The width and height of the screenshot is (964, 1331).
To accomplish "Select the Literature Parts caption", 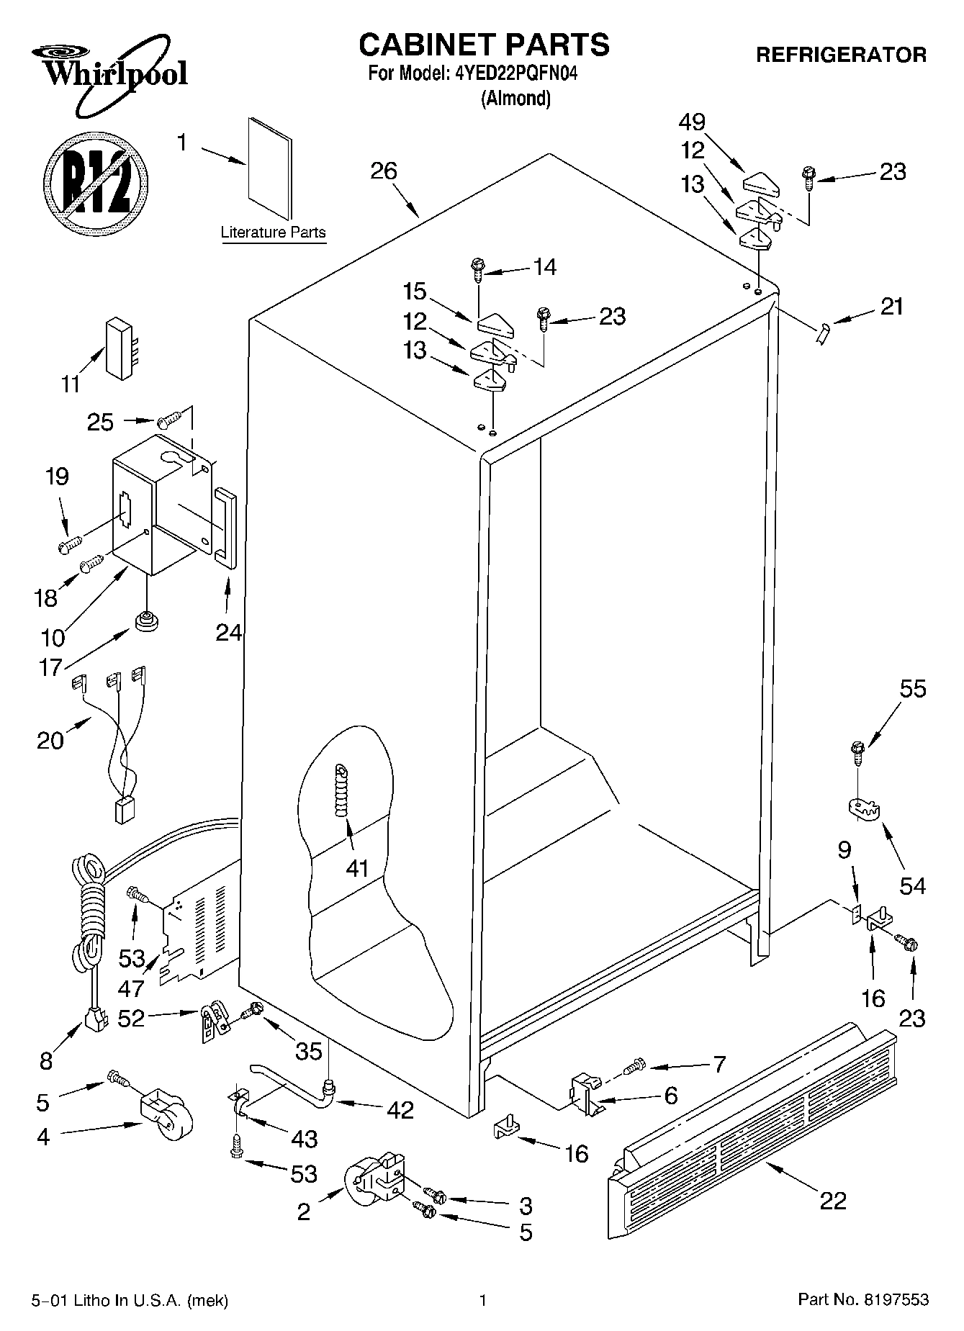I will [273, 233].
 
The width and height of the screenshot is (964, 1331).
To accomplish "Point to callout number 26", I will [384, 171].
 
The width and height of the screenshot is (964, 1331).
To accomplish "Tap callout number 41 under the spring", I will [357, 869].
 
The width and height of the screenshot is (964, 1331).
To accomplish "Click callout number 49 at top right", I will [692, 122].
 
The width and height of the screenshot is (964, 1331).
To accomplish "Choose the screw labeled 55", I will [857, 752].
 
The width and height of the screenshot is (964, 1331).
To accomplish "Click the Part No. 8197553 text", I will [863, 1299].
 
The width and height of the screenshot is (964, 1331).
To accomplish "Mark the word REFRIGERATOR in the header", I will [841, 55].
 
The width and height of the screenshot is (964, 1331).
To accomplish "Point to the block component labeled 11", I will [119, 348].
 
